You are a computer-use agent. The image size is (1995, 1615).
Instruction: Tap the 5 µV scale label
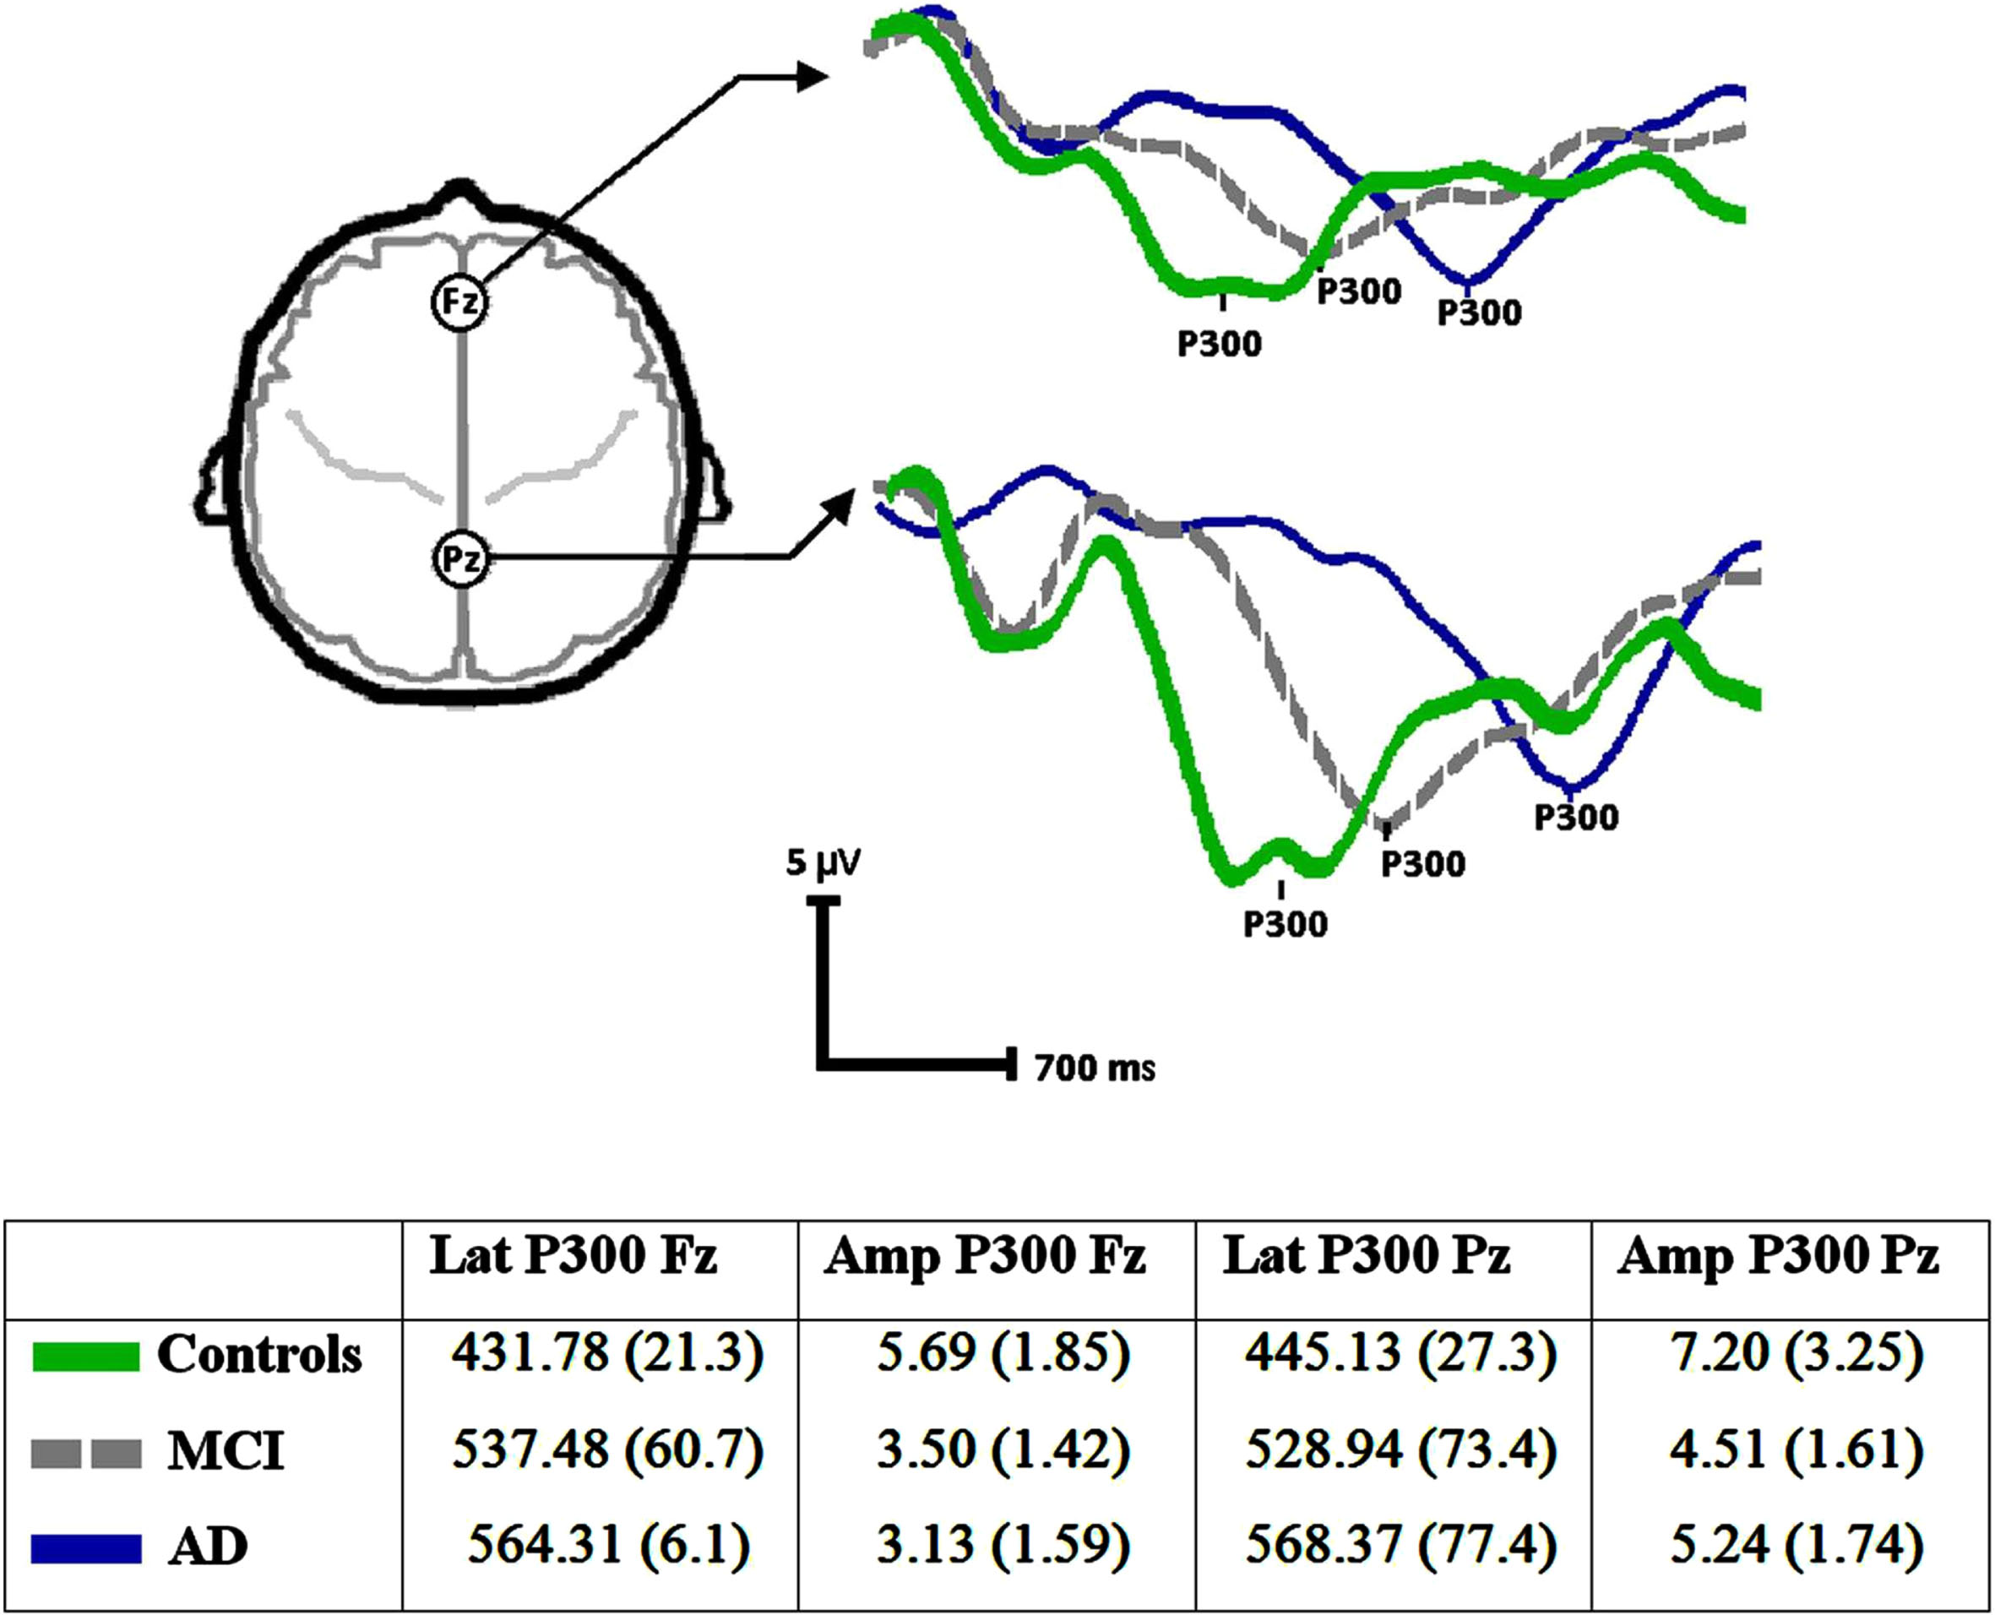pyautogui.click(x=824, y=864)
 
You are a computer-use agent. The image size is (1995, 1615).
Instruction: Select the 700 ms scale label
pyautogui.click(x=1095, y=1068)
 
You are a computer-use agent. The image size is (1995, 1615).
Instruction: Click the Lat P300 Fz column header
pyautogui.click(x=573, y=1257)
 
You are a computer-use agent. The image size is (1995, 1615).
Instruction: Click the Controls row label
pyautogui.click(x=259, y=1355)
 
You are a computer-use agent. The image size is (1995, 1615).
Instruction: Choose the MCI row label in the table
pyautogui.click(x=226, y=1451)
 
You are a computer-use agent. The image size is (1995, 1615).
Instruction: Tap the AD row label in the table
pyautogui.click(x=209, y=1547)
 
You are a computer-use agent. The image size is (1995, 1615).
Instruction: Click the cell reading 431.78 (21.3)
pyautogui.click(x=608, y=1354)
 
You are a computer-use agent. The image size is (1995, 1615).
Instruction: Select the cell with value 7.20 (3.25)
pyautogui.click(x=1796, y=1354)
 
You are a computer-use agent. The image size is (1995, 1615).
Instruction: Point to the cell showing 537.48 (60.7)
pyautogui.click(x=608, y=1450)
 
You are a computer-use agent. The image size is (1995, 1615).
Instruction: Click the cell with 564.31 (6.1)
pyautogui.click(x=608, y=1547)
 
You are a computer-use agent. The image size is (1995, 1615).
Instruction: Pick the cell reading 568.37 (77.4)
pyautogui.click(x=1400, y=1547)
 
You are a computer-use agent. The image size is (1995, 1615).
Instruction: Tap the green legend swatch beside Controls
pyautogui.click(x=85, y=1357)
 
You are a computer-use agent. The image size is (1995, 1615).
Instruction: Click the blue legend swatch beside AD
pyautogui.click(x=85, y=1549)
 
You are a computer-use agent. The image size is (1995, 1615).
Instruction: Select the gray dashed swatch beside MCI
pyautogui.click(x=85, y=1453)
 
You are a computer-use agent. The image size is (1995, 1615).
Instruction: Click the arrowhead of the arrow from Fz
pyautogui.click(x=812, y=79)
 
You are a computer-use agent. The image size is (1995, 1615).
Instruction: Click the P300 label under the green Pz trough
pyautogui.click(x=1286, y=925)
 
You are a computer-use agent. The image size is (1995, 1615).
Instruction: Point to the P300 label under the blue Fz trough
pyautogui.click(x=1480, y=313)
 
